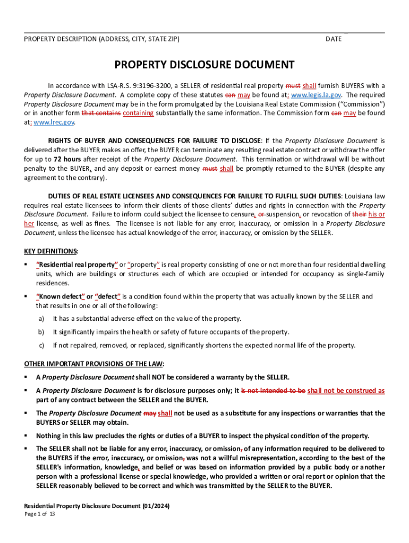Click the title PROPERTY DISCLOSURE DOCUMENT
[204, 65]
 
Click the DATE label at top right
[334, 39]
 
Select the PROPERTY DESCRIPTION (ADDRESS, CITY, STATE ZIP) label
[102, 39]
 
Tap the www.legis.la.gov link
[317, 94]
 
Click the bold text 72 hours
[65, 159]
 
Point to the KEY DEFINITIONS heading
[51, 250]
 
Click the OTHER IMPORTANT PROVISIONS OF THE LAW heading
[95, 363]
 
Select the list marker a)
[41, 318]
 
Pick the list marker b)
[41, 332]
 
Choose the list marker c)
[41, 345]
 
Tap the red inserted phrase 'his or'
[377, 214]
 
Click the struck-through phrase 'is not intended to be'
[274, 391]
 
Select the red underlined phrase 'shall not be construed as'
[346, 391]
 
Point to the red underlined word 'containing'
[138, 113]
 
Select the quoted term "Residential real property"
[76, 264]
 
